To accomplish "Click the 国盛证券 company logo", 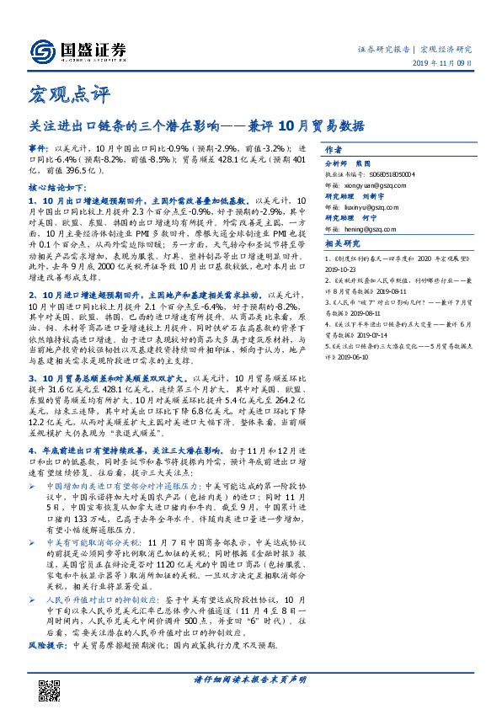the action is click(77, 50).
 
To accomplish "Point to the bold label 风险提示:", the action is click(47, 644).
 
